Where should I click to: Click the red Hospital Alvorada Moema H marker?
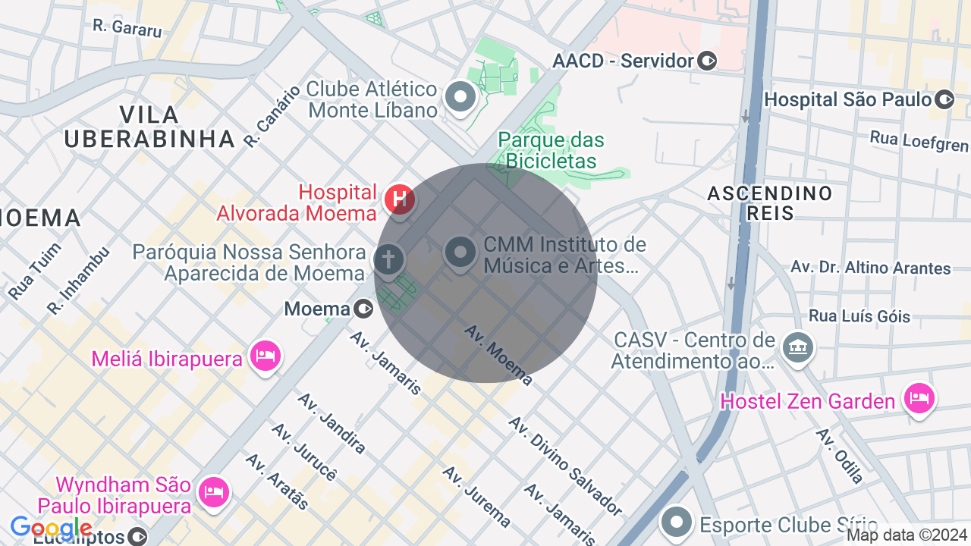point(400,200)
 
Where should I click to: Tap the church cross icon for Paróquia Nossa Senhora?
point(388,259)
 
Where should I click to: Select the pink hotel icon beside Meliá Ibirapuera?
point(266,354)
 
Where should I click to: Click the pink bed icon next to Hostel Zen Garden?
point(919,397)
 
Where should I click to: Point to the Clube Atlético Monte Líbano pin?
point(460,97)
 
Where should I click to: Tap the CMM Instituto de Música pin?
point(460,252)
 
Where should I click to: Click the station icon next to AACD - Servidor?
point(707,61)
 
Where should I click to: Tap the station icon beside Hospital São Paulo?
point(944,99)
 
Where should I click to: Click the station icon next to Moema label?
point(364,309)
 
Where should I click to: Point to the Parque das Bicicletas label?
point(551,150)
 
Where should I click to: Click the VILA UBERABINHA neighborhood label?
point(149,127)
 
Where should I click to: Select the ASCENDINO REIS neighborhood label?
point(769,202)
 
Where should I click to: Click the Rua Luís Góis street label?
point(859,315)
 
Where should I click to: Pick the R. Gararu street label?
point(127,28)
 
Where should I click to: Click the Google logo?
point(51,528)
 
